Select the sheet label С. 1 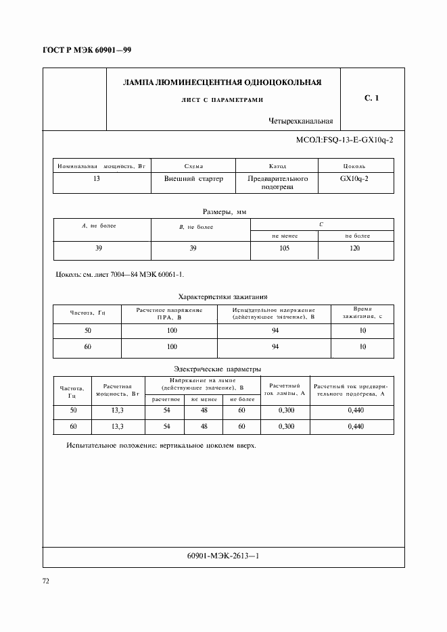tap(371, 99)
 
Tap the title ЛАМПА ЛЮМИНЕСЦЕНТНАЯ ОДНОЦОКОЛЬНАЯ tap(222, 82)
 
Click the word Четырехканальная tap(300, 122)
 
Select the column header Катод tap(277, 165)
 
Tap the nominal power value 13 tap(103, 179)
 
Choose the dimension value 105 tap(284, 248)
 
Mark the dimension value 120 tap(356, 248)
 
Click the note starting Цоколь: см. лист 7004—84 tap(118, 275)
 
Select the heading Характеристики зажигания tap(223, 296)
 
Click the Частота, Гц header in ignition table tap(87, 313)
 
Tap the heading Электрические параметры tap(216, 369)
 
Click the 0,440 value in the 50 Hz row tap(356, 411)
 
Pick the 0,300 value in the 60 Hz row tap(287, 427)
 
